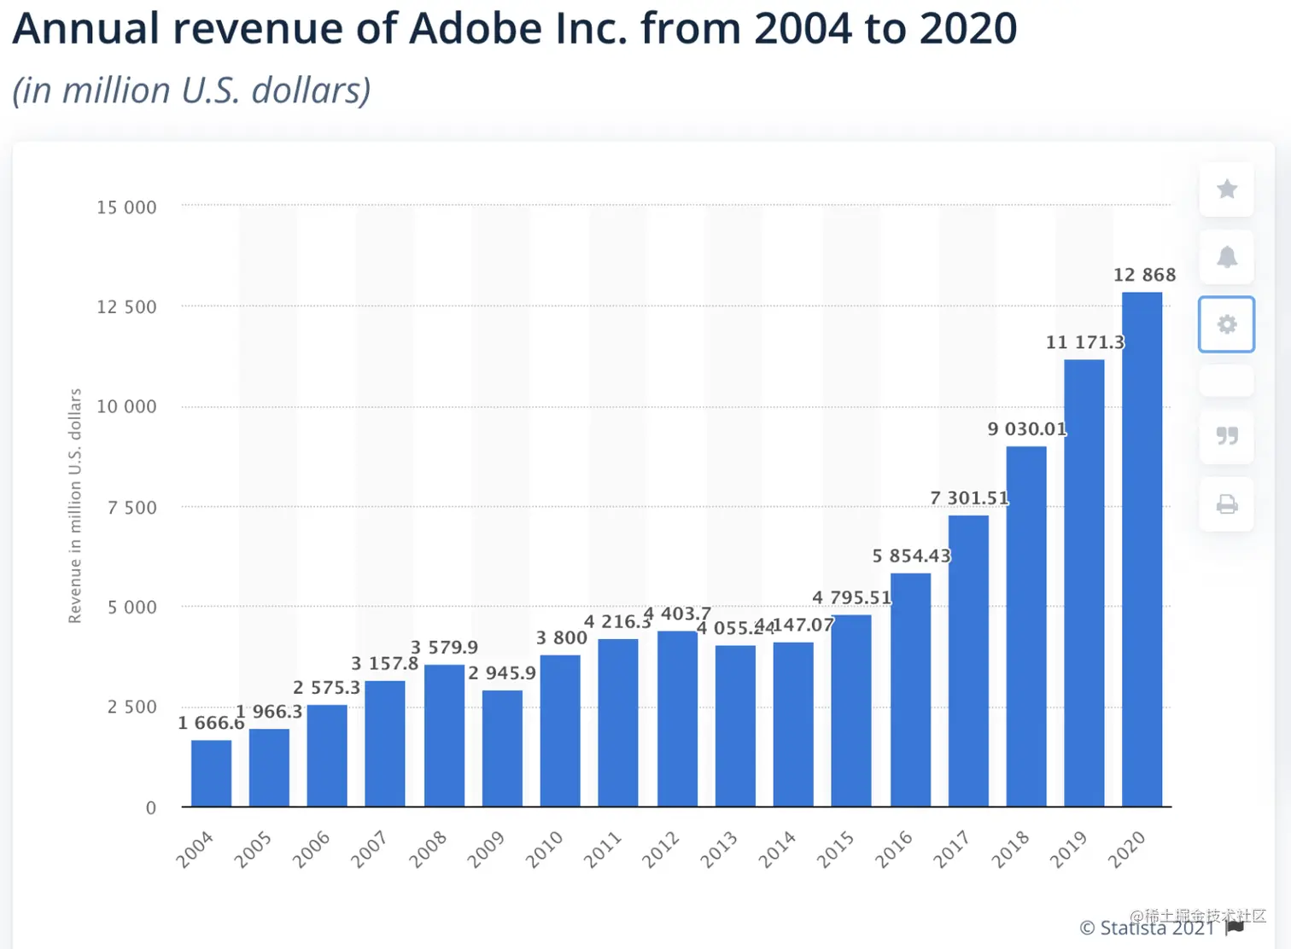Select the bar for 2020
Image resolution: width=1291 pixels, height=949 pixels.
tap(1142, 550)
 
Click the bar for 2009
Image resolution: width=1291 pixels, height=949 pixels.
tap(502, 748)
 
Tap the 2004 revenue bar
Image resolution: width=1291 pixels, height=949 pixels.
tap(211, 773)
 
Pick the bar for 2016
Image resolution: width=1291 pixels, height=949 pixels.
tap(910, 690)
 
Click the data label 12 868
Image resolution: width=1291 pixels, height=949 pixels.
tap(1144, 275)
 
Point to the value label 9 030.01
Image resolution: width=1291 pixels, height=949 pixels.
tap(1027, 428)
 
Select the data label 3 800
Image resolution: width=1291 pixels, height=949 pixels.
tap(561, 638)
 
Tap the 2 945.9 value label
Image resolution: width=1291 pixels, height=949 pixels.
tap(502, 673)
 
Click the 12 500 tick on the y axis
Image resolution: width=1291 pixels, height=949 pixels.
tap(126, 307)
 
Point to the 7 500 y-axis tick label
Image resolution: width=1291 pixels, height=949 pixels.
tap(131, 508)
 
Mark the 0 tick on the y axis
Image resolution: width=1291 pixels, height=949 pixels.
tap(151, 807)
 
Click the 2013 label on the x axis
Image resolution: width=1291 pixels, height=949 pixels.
tap(718, 850)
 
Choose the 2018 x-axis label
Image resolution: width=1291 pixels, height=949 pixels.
tap(1009, 850)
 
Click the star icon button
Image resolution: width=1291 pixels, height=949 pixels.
tap(1226, 189)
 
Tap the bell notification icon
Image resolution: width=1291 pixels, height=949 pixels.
tap(1226, 257)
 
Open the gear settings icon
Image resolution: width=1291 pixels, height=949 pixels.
tap(1226, 324)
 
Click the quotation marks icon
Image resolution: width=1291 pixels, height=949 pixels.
tap(1226, 436)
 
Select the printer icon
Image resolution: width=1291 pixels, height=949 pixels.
tap(1226, 504)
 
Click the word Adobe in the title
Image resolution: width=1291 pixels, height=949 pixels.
tap(476, 28)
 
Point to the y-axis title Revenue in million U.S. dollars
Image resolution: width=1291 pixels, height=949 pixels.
tap(75, 505)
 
